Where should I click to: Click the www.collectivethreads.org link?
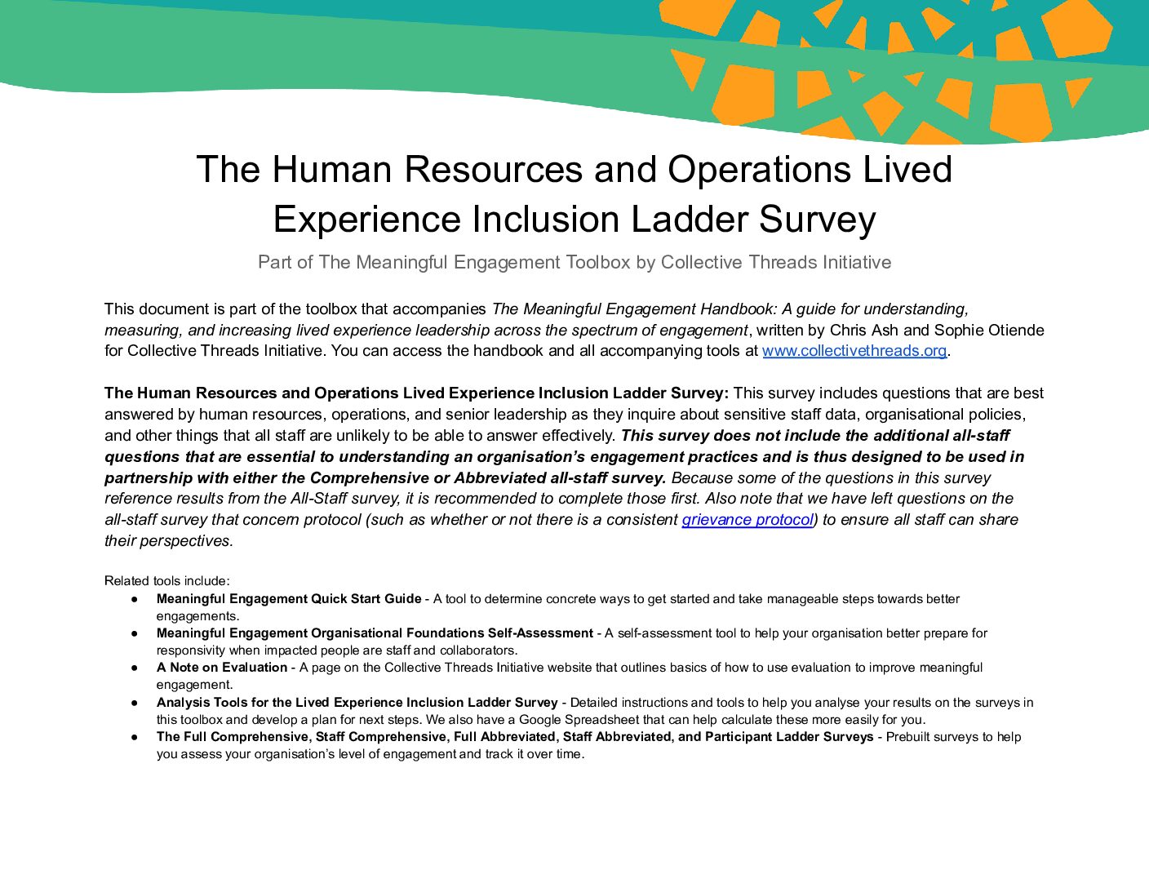click(854, 351)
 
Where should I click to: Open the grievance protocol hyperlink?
click(748, 520)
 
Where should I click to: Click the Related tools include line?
click(167, 581)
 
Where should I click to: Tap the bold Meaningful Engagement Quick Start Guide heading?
click(289, 599)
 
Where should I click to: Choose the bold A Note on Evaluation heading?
click(222, 668)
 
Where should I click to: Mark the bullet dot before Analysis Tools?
click(134, 703)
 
